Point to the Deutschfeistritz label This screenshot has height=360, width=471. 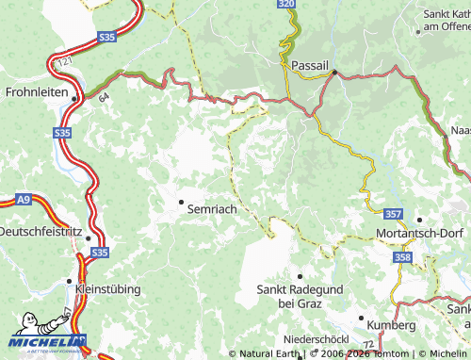(x=41, y=231)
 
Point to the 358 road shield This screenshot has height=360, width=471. (x=403, y=256)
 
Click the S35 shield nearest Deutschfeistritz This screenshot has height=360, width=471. (x=100, y=253)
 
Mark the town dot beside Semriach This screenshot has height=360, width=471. (x=181, y=202)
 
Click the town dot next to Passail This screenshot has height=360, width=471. (x=333, y=71)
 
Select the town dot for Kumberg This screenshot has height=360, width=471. (x=362, y=318)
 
